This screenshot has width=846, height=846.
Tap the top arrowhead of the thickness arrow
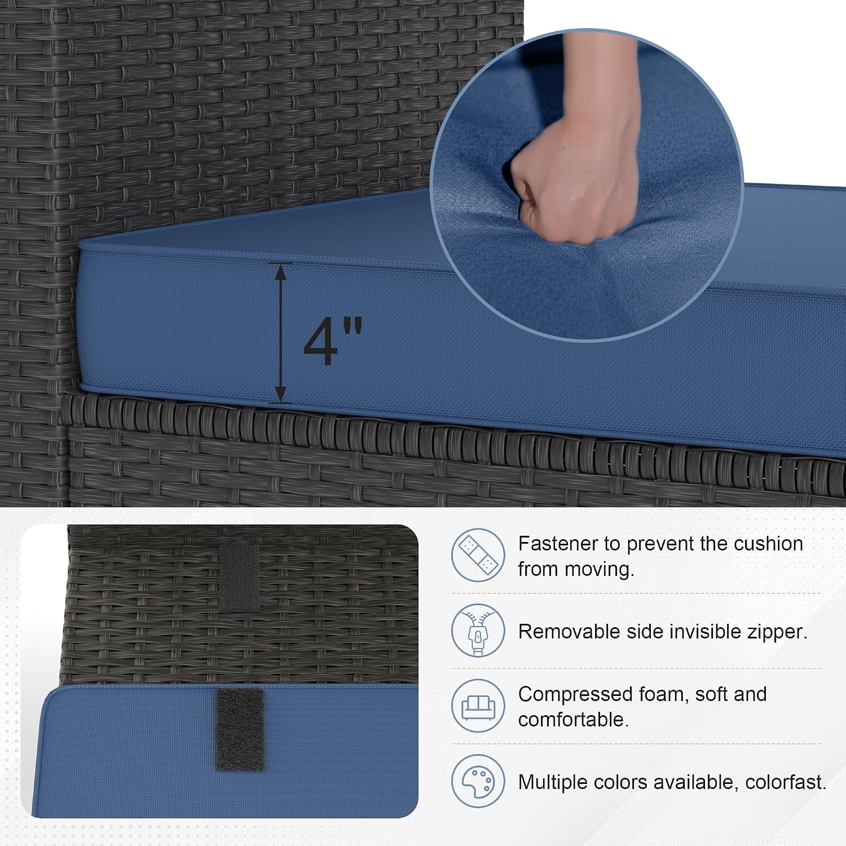pos(281,272)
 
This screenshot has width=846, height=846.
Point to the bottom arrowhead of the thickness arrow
pos(281,393)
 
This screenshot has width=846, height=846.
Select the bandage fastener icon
pos(478,556)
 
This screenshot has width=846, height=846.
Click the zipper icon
pos(478,631)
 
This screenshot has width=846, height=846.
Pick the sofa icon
pos(478,706)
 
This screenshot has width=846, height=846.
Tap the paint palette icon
pos(478,781)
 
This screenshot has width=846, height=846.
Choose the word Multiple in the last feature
pos(554,783)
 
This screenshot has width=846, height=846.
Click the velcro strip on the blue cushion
pos(240,729)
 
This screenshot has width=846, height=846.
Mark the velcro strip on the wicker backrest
pos(239,578)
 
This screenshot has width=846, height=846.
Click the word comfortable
pos(574,720)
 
